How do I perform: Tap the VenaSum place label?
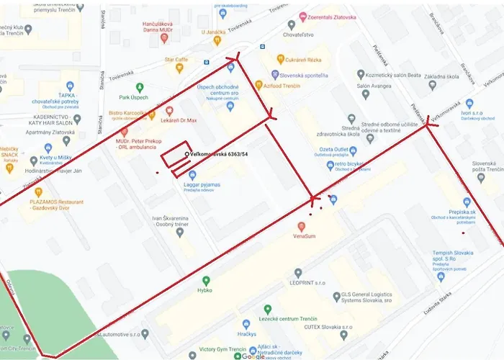[x=305, y=235]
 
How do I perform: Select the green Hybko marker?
[x=206, y=280]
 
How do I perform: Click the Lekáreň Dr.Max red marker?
[x=170, y=112]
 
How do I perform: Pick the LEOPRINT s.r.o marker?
[x=298, y=273]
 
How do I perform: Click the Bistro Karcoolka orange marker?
[x=150, y=113]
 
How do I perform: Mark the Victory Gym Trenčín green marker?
[x=191, y=353]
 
